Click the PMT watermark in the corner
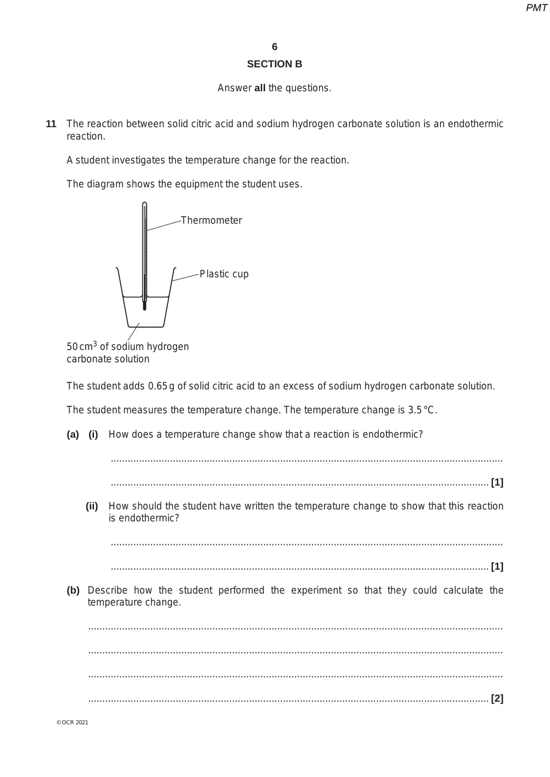coord(536,8)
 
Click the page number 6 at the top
coord(275,47)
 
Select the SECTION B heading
coord(275,64)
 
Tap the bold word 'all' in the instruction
coord(260,88)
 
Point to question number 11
coord(51,124)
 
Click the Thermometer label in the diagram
coord(211,220)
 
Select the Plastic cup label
coord(224,274)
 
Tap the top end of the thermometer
coord(144,204)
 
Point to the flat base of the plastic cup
coord(145,327)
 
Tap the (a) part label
coord(72,434)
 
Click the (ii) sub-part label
coord(92,506)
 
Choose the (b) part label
coord(73,591)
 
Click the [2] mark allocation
coord(497,699)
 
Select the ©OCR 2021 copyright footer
coord(72,722)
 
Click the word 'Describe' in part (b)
coord(107,591)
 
